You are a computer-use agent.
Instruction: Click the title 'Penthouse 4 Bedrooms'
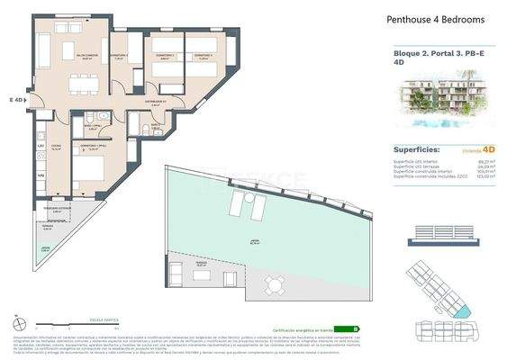(x=436, y=19)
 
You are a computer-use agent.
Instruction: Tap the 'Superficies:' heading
(x=418, y=149)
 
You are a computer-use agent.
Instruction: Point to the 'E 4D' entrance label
(x=17, y=100)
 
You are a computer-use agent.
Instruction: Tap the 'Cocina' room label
(x=55, y=148)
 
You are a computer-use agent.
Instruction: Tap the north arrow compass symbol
(x=17, y=321)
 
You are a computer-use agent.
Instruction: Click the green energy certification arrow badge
(x=355, y=328)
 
